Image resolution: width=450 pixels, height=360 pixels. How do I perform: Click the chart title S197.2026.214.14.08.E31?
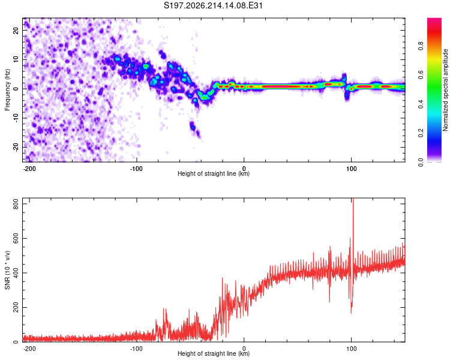pyautogui.click(x=213, y=5)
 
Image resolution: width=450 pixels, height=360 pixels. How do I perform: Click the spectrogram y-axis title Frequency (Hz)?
pyautogui.click(x=7, y=90)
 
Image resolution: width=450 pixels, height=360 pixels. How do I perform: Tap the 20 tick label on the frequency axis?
pyautogui.click(x=16, y=31)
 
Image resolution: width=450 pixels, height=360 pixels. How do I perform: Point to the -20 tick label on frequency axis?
pyautogui.click(x=16, y=148)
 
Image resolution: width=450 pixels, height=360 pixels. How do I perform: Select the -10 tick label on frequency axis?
pyautogui.click(x=16, y=118)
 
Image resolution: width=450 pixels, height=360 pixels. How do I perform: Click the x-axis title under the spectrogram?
pyautogui.click(x=214, y=173)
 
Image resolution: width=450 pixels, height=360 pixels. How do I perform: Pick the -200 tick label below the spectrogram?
pyautogui.click(x=29, y=169)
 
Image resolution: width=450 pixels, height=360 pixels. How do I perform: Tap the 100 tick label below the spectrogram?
pyautogui.click(x=351, y=169)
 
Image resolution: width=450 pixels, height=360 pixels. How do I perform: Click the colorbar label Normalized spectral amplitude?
pyautogui.click(x=445, y=90)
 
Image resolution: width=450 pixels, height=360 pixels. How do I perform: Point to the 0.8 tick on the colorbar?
pyautogui.click(x=421, y=46)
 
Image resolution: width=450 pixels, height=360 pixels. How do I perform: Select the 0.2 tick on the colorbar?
pyautogui.click(x=421, y=133)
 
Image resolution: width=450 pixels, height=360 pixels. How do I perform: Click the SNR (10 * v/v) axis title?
pyautogui.click(x=7, y=270)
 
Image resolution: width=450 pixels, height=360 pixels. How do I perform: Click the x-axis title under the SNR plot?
pyautogui.click(x=214, y=353)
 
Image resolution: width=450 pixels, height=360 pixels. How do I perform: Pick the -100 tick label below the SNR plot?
pyautogui.click(x=136, y=349)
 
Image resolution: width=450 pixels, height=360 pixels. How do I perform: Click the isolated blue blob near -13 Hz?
pyautogui.click(x=193, y=127)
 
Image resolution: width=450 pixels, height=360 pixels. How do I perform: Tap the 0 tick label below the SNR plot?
pyautogui.click(x=244, y=349)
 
